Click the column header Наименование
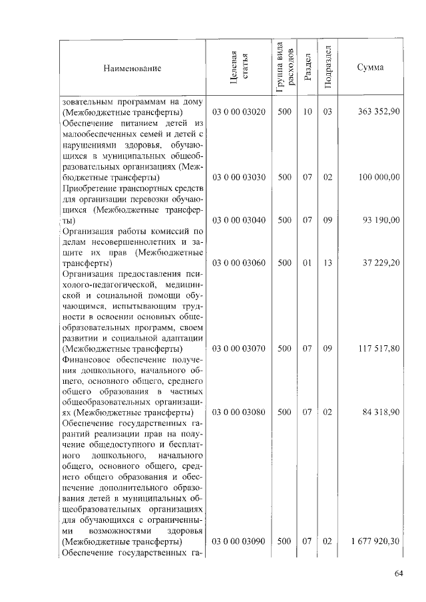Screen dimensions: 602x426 (x=132, y=68)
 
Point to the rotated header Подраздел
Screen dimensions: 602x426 (x=327, y=68)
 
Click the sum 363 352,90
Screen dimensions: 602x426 (x=378, y=112)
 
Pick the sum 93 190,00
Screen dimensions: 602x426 (x=381, y=220)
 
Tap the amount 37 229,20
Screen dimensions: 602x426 (x=381, y=263)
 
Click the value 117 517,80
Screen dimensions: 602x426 (x=378, y=348)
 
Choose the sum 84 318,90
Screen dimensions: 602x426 (x=381, y=412)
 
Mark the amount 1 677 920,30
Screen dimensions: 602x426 (x=375, y=542)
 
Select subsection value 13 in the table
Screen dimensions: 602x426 (x=327, y=263)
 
